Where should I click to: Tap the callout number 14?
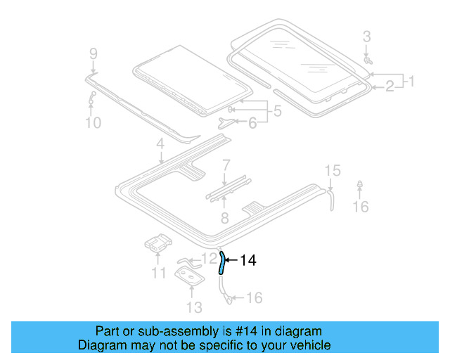click(x=248, y=261)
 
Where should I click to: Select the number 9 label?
click(x=94, y=53)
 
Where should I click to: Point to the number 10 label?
click(x=94, y=123)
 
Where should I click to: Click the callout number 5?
click(x=277, y=110)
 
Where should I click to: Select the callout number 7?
click(x=226, y=166)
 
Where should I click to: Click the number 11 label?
click(x=159, y=273)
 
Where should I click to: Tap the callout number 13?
click(x=194, y=307)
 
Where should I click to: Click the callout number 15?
click(x=332, y=170)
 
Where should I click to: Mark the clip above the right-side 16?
click(x=360, y=186)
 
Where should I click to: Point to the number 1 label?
click(x=411, y=81)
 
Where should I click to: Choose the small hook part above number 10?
click(x=92, y=99)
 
